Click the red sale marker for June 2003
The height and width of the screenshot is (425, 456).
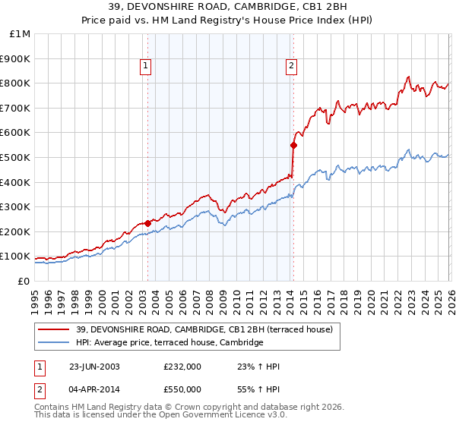[x=147, y=223]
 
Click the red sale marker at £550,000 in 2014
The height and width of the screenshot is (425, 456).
[x=293, y=144]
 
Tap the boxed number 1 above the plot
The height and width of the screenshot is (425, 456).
[x=147, y=67]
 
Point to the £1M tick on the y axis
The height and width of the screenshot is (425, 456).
[x=21, y=34]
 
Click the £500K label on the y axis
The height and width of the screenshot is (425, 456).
[x=17, y=158]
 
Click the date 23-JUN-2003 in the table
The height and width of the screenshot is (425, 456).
[x=94, y=367]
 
